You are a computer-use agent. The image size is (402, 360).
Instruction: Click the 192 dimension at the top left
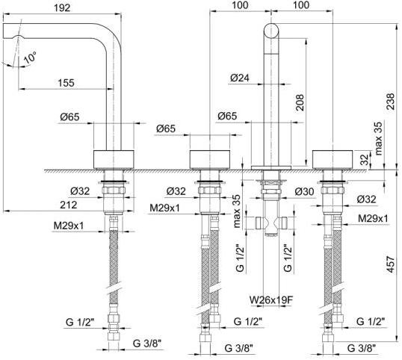(62, 7)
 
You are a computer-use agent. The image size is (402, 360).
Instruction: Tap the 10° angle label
(30, 58)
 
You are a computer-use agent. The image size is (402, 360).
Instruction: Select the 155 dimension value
(66, 83)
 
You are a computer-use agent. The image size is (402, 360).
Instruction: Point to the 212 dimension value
(69, 205)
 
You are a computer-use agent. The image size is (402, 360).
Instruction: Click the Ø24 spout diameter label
(240, 78)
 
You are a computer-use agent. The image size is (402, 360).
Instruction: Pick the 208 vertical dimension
(300, 102)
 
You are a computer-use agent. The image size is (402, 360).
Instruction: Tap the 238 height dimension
(391, 102)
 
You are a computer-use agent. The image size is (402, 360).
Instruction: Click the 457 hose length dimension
(391, 264)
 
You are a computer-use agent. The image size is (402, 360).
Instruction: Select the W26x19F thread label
(271, 300)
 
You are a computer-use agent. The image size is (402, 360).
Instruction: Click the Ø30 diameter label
(304, 191)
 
